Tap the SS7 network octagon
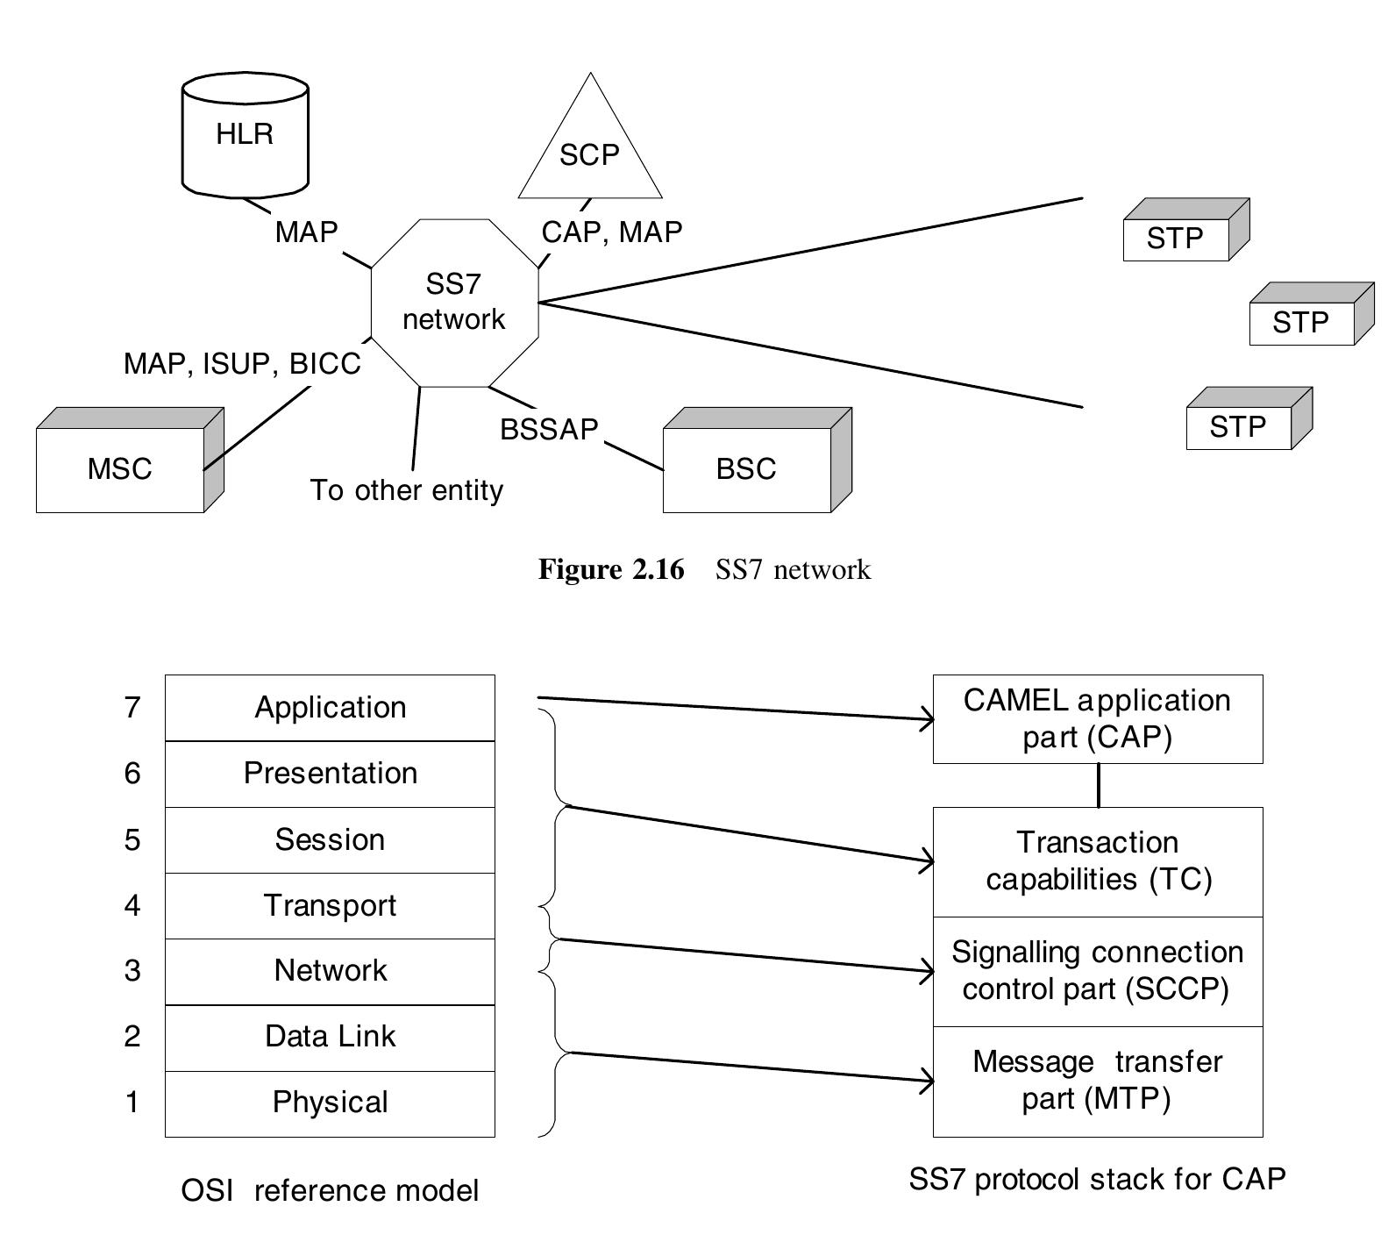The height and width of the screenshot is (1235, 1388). point(453,302)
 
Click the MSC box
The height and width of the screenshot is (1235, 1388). point(120,468)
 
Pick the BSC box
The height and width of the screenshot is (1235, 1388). point(746,468)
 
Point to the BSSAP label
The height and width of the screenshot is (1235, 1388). point(549,429)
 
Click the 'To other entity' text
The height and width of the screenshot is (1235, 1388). point(407,489)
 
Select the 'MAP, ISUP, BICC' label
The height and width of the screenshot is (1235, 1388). point(242,363)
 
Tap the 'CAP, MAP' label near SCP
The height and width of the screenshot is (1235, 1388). point(612,232)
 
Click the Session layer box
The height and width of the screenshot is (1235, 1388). point(330,839)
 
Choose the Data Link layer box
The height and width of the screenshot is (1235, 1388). point(330,1037)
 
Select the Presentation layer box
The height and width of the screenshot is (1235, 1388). point(330,773)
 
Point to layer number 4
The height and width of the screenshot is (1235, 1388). point(132,904)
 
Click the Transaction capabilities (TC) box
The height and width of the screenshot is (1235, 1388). point(1098,861)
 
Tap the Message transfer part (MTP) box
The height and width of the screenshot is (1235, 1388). point(1098,1081)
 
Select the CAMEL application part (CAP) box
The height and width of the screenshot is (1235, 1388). point(1098,718)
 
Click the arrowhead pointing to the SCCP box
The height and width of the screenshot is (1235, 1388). point(929,971)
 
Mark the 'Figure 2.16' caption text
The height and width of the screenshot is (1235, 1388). point(611,569)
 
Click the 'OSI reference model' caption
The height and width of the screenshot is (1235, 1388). point(330,1190)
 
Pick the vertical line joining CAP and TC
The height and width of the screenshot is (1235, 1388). point(1099,785)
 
